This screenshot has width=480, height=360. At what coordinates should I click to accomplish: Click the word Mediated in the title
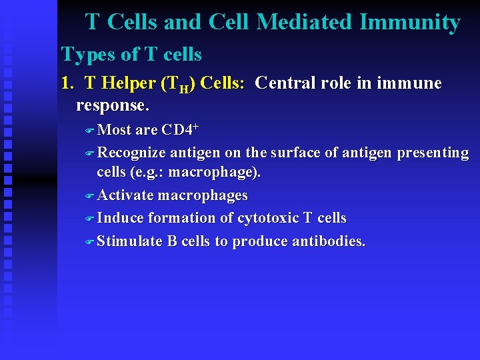(305, 23)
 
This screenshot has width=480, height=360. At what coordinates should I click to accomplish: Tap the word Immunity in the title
(409, 23)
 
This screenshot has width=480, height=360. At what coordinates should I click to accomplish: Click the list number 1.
(66, 83)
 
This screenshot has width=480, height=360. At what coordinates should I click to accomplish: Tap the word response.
(112, 105)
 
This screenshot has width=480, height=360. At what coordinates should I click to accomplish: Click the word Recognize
(131, 153)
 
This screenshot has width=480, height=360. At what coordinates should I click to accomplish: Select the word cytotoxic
(269, 218)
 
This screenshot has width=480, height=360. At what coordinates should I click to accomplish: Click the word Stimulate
(130, 241)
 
